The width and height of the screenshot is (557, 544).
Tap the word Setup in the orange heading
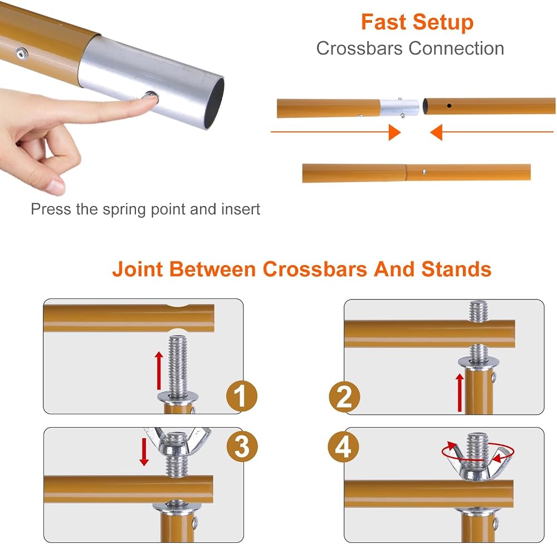pyautogui.click(x=443, y=23)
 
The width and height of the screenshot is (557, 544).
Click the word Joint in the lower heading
pyautogui.click(x=138, y=269)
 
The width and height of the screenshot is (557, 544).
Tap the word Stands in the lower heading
pyautogui.click(x=457, y=269)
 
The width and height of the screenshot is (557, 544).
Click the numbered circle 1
pyautogui.click(x=242, y=396)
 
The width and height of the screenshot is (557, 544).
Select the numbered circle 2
pyautogui.click(x=344, y=397)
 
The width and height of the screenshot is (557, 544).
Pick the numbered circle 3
pyautogui.click(x=242, y=447)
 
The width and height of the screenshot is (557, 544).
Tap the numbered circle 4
pyautogui.click(x=343, y=447)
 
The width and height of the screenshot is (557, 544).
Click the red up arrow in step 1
pyautogui.click(x=159, y=370)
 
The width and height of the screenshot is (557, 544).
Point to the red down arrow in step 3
pyautogui.click(x=144, y=452)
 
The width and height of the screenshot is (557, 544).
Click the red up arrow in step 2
pyautogui.click(x=460, y=393)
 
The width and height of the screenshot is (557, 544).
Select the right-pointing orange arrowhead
pyautogui.click(x=395, y=132)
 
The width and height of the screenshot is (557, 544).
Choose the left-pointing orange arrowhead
pyautogui.click(x=436, y=132)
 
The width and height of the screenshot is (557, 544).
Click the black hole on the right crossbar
pyautogui.click(x=449, y=105)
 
